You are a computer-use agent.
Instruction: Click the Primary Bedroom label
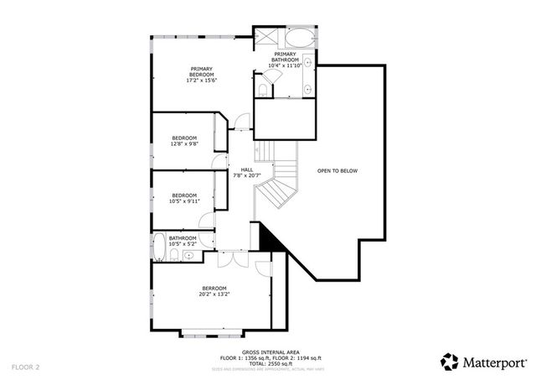[x=202, y=70]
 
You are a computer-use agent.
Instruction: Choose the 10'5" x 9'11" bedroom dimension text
[x=184, y=201]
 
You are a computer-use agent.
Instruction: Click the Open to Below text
[x=337, y=171]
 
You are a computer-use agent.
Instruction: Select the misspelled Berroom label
[x=214, y=289]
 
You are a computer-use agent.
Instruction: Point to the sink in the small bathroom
[x=191, y=253]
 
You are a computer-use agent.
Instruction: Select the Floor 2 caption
[x=26, y=367]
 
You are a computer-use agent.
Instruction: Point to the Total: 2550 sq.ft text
[x=267, y=363]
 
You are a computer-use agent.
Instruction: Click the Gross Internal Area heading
[x=267, y=352]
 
